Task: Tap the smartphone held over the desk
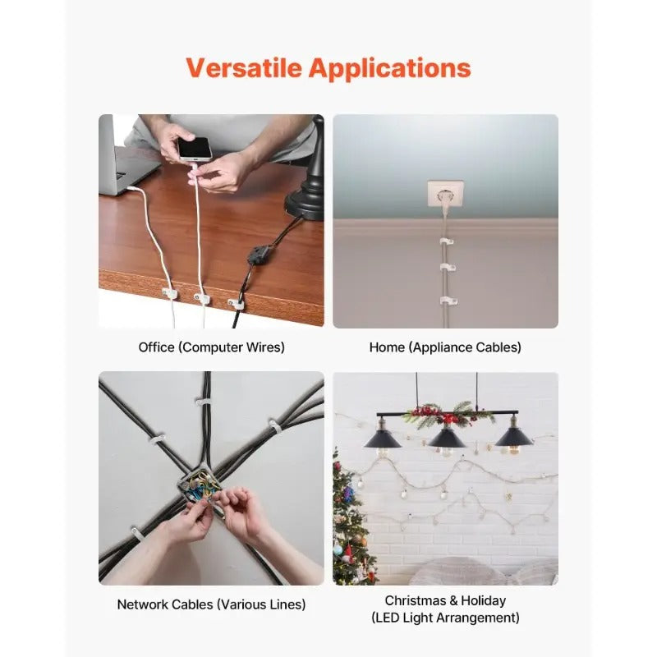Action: (194, 149)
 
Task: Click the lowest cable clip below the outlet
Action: (447, 301)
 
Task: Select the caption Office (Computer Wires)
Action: (211, 347)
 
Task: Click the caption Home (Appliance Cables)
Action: (445, 347)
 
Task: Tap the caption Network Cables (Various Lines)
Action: (211, 604)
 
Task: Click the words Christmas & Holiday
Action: (445, 600)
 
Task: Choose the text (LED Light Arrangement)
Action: (445, 618)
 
